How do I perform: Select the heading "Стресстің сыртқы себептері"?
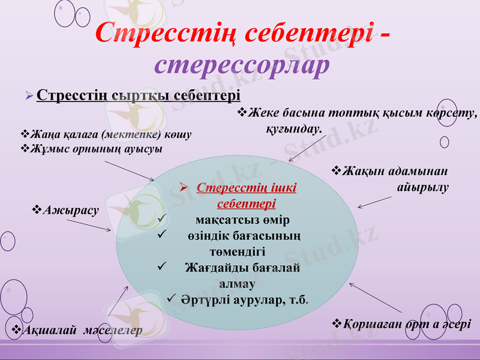[138, 96]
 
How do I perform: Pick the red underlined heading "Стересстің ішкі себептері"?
[246, 195]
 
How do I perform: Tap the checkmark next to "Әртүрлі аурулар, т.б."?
[170, 297]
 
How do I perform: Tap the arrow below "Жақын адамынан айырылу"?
[375, 203]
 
